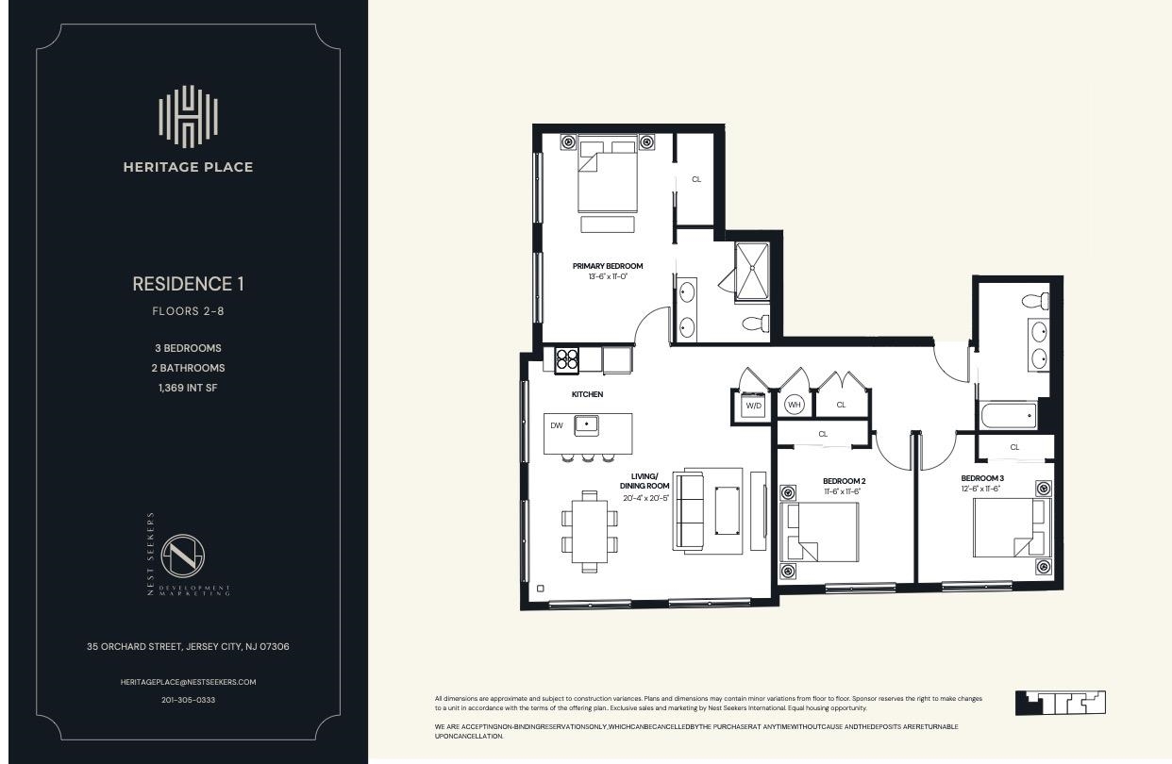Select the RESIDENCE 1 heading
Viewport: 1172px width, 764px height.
click(188, 284)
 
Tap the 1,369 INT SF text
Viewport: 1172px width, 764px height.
click(188, 388)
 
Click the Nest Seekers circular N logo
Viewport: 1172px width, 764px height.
click(184, 556)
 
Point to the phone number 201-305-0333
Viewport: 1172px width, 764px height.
click(188, 701)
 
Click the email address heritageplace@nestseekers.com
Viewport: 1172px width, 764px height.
click(188, 682)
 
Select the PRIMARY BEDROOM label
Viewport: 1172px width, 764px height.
click(607, 266)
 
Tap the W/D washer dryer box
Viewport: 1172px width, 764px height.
click(753, 406)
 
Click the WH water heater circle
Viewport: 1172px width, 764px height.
click(794, 405)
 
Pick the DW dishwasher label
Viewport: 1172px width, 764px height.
click(557, 425)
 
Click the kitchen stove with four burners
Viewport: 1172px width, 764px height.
click(566, 359)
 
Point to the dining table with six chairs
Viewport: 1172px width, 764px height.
click(589, 532)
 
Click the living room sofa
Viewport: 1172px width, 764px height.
click(690, 510)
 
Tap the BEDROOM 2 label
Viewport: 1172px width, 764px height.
click(844, 481)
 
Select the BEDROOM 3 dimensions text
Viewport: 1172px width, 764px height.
click(981, 489)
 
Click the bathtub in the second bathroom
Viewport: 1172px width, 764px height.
click(1007, 415)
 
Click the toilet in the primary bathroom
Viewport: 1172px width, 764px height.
click(756, 324)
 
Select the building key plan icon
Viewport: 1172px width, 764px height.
click(1060, 703)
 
